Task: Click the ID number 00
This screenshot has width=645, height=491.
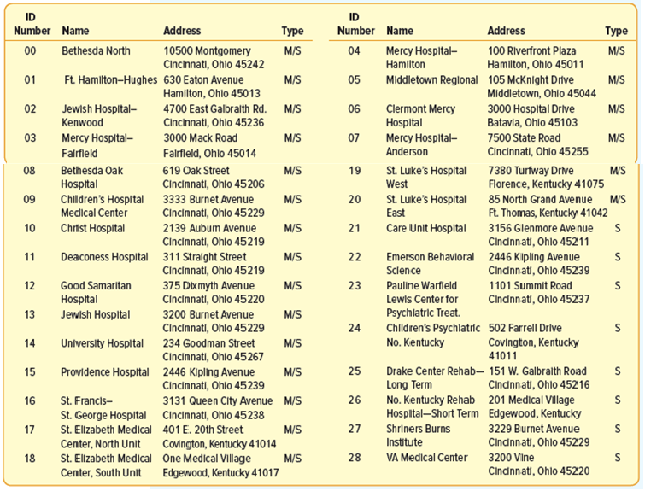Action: point(30,51)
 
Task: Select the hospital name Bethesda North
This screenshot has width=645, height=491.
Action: point(96,51)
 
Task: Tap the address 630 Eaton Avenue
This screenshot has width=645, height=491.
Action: point(203,79)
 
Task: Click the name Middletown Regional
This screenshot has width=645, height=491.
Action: point(432,80)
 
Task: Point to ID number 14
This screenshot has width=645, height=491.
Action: point(30,343)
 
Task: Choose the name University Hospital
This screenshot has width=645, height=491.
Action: point(102,343)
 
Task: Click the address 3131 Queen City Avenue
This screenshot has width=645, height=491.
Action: point(218,401)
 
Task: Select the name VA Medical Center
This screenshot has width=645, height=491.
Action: point(426,458)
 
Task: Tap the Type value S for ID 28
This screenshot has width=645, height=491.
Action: point(618,458)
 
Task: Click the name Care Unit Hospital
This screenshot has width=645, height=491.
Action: point(426,228)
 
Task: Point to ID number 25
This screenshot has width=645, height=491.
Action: point(355,371)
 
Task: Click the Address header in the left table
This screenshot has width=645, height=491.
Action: point(182,31)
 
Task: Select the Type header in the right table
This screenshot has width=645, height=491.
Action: point(616,31)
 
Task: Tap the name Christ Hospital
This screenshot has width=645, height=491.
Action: point(92,228)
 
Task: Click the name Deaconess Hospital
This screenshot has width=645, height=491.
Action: point(104,257)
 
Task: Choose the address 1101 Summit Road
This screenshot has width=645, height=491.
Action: point(530,286)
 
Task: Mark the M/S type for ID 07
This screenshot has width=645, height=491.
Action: point(616,138)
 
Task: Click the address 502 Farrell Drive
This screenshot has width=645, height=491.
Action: point(525,328)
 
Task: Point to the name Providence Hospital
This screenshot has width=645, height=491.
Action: point(105,372)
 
